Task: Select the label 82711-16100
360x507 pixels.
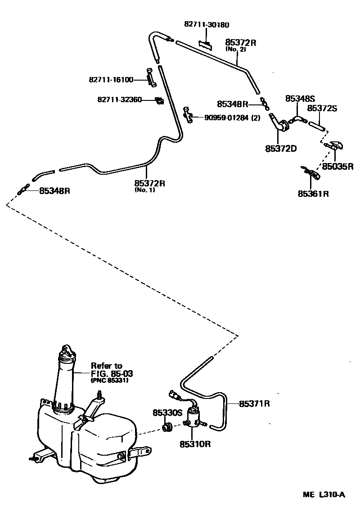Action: (111, 80)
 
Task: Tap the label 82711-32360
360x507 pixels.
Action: (119, 100)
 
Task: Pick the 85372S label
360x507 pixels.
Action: (322, 109)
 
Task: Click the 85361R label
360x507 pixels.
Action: (313, 194)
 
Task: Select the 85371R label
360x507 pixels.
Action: (254, 403)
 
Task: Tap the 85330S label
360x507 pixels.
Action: (167, 412)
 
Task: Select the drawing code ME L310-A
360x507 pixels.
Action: (324, 495)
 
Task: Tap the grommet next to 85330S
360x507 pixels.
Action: (167, 426)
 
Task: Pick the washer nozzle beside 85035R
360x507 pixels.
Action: (335, 146)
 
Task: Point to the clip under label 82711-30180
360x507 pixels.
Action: (205, 44)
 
